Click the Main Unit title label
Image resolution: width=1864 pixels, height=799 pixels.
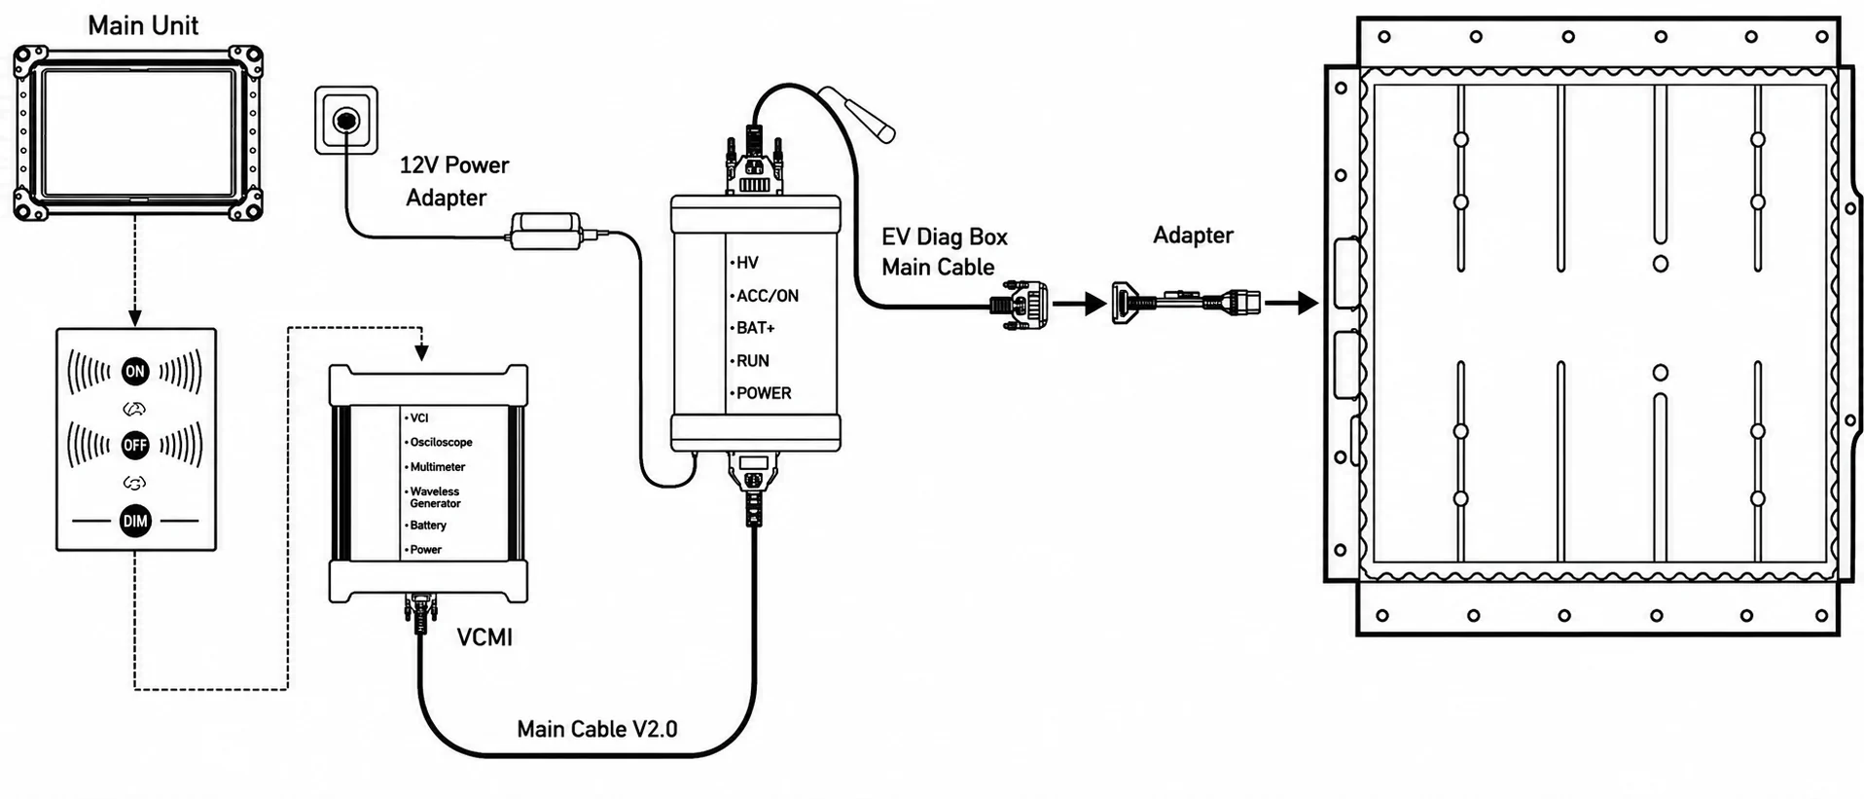click(143, 25)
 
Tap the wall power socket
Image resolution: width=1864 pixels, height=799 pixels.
click(345, 120)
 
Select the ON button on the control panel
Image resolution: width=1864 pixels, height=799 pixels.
click(134, 371)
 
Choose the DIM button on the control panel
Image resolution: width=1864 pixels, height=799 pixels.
click(135, 521)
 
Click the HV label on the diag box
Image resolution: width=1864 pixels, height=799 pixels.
click(746, 263)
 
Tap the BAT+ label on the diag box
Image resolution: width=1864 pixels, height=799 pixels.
click(755, 328)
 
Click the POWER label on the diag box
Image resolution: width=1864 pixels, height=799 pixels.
click(763, 393)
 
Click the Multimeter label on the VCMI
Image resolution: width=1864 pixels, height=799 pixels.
click(437, 467)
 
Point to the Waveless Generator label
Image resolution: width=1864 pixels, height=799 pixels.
click(434, 497)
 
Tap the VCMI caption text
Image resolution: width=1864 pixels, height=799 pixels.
click(484, 637)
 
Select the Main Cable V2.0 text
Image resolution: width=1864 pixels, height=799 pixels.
click(597, 729)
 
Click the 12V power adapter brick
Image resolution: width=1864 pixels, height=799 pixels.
click(546, 232)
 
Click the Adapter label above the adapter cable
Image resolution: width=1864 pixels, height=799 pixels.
click(1193, 236)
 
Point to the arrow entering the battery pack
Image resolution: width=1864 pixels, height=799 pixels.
click(1292, 304)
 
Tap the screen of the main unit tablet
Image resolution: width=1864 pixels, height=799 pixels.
click(137, 132)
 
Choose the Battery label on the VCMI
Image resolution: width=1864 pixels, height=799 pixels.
click(428, 526)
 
